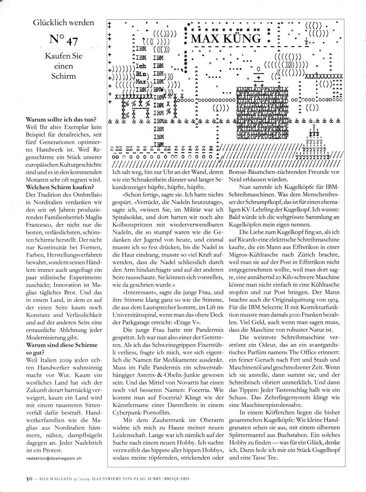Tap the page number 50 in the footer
[24, 478]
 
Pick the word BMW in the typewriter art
[157, 89]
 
